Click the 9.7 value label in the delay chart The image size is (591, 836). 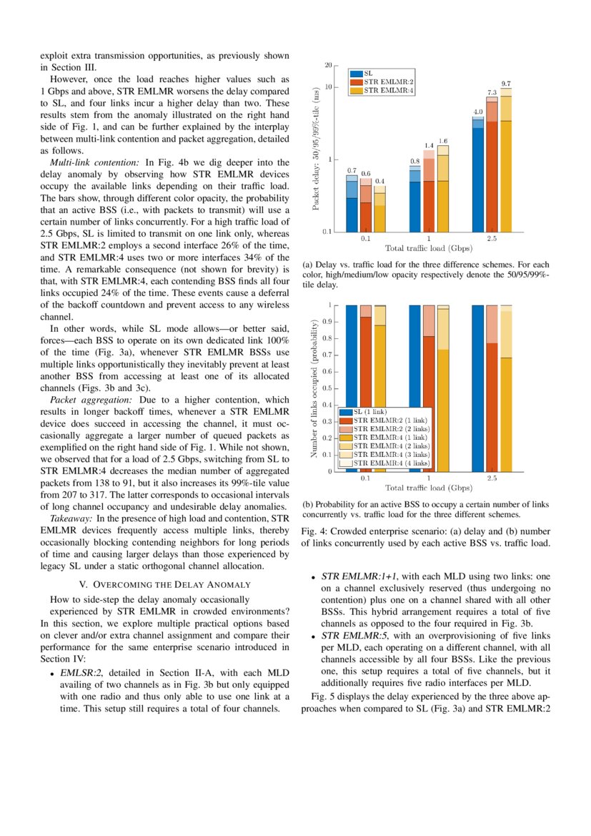[x=506, y=84]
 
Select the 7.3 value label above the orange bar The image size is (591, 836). [x=492, y=92]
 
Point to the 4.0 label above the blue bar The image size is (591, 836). [x=479, y=112]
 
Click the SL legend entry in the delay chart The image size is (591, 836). [x=368, y=73]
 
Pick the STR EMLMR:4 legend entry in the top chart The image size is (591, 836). [x=389, y=91]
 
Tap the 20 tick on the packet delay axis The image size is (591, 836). [x=328, y=66]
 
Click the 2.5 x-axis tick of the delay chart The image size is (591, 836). [x=492, y=238]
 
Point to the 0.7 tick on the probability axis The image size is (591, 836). [x=329, y=355]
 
